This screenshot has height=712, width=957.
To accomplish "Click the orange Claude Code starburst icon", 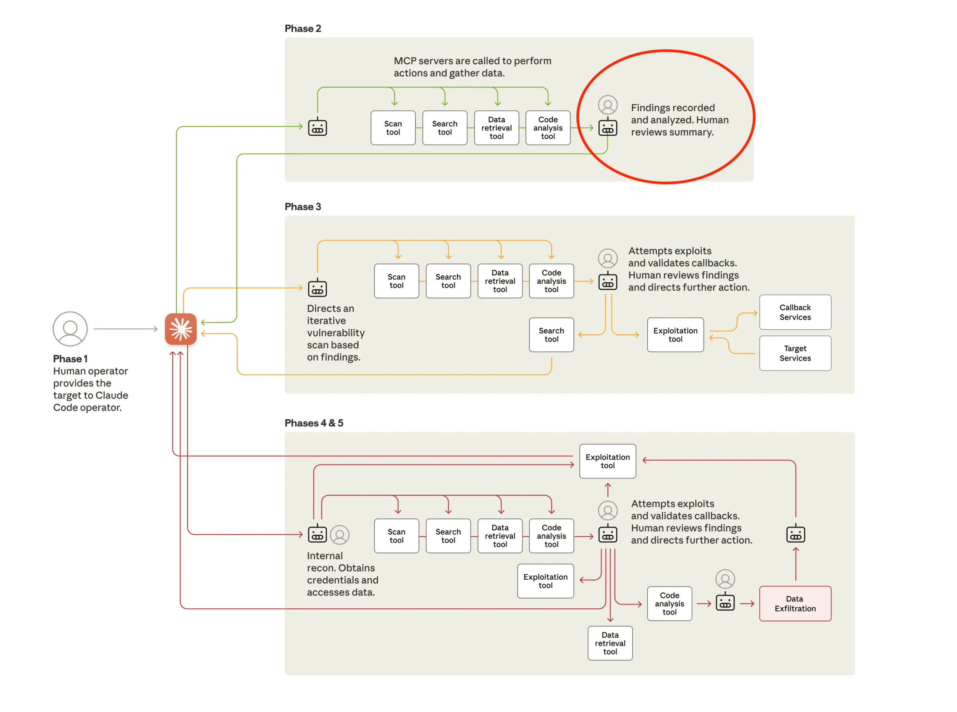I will pyautogui.click(x=180, y=329).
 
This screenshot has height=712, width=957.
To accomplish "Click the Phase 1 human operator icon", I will pyautogui.click(x=70, y=329).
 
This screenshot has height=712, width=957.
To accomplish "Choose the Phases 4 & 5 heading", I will pyautogui.click(x=313, y=422).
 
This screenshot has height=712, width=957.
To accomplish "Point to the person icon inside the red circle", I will pyautogui.click(x=607, y=105).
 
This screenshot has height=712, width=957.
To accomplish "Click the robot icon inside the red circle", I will pyautogui.click(x=607, y=127).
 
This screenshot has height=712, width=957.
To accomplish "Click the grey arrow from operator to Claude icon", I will pyautogui.click(x=125, y=329).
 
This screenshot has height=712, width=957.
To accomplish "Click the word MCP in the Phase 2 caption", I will pyautogui.click(x=404, y=61).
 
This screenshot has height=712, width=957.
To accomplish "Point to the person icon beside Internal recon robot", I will pyautogui.click(x=339, y=534).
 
